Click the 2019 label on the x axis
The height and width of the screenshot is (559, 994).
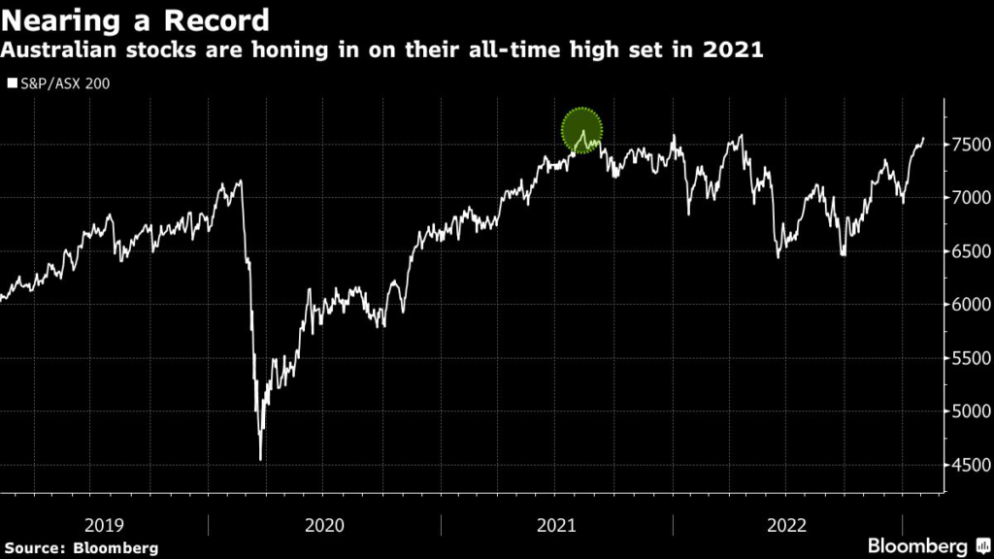104,525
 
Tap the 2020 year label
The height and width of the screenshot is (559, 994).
324,525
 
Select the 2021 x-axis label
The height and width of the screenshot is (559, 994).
556,525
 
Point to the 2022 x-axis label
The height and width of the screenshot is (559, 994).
787,525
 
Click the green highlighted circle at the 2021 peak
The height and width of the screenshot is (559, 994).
582,130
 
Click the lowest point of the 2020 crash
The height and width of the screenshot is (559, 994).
260,459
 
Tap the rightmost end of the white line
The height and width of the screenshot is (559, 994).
923,139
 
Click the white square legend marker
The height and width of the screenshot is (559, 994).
13,83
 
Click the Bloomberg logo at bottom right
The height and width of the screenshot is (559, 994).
923,545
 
